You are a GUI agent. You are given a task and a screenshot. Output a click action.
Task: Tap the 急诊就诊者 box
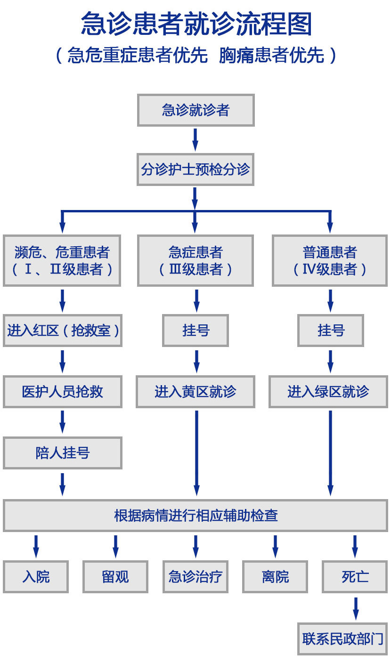coord(195,110)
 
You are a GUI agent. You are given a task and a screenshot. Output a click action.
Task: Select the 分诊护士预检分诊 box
coord(195,170)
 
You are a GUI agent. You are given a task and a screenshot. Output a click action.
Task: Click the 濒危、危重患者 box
coord(62,260)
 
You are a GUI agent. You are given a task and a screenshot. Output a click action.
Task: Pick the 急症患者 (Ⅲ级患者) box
coord(195,260)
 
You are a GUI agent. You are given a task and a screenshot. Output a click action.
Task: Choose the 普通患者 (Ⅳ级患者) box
coord(330,260)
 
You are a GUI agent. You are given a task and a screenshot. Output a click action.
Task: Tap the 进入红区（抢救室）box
coord(62,331)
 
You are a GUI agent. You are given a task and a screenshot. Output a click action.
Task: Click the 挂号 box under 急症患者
coord(195,331)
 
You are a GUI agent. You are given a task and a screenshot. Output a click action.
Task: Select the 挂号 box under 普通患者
coord(330,331)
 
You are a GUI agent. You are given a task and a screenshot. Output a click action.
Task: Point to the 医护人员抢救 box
coord(62,392)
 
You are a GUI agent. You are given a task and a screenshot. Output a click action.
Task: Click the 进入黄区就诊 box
coord(195,392)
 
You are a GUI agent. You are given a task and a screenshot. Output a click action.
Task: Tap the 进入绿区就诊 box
coord(328,392)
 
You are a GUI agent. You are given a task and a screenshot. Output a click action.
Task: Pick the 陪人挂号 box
coord(62,453)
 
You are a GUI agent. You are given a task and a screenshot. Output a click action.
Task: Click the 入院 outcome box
coord(36,577)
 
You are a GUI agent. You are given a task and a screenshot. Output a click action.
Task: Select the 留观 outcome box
coord(115,577)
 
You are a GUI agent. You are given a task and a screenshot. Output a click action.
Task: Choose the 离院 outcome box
coord(275,577)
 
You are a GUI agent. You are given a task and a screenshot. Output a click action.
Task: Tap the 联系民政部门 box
coord(342,639)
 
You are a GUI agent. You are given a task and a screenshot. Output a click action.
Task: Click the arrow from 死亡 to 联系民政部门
coord(355,608)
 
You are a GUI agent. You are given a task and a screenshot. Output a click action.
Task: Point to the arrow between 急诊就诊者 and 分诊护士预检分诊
coord(195,139)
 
